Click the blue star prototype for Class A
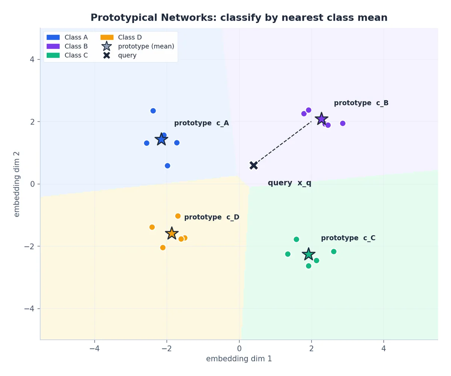tap(161, 139)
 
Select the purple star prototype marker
tap(321, 119)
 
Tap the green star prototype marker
tap(309, 254)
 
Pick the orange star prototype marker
tap(172, 233)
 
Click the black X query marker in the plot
tap(254, 165)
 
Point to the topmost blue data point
tap(153, 111)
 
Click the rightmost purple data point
tap(342, 123)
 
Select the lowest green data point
tap(309, 266)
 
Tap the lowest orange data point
tap(163, 248)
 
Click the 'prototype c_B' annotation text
tap(361, 103)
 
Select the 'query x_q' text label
tap(289, 183)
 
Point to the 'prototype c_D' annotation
tap(212, 217)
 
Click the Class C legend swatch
tap(53, 55)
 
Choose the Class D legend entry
tap(121, 37)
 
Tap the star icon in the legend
tap(107, 46)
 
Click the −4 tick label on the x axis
tap(94, 349)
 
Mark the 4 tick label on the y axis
tap(32, 59)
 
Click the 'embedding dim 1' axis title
tap(239, 359)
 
